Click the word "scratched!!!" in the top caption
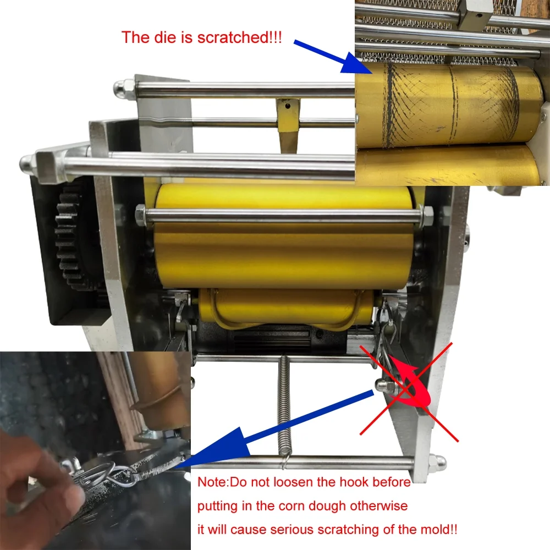click(240, 37)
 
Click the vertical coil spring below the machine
click(284, 411)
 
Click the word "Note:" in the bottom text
click(213, 482)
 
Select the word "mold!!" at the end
click(437, 529)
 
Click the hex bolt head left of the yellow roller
click(141, 212)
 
